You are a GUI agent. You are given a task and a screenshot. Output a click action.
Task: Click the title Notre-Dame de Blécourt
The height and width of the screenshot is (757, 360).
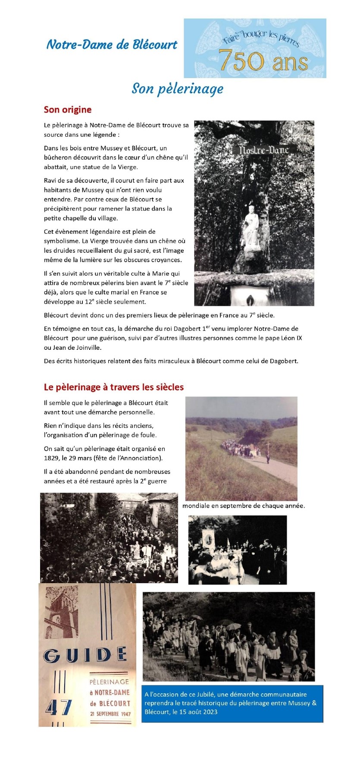click(x=112, y=45)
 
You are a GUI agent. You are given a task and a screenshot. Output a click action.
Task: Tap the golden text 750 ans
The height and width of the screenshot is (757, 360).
click(x=263, y=61)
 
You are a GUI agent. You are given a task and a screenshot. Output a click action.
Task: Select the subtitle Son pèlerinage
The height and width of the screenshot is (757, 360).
click(x=177, y=88)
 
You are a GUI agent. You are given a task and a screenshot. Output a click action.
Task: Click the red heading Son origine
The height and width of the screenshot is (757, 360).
click(x=68, y=110)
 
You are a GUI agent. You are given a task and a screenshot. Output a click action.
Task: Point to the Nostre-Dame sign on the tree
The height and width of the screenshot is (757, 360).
click(x=264, y=150)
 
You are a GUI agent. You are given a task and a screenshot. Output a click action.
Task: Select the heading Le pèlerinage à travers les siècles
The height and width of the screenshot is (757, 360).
click(x=114, y=387)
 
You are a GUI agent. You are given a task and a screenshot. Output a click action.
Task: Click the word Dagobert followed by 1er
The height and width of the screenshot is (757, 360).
click(x=186, y=329)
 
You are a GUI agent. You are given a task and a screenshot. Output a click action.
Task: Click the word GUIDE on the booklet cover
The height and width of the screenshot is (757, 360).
click(x=85, y=655)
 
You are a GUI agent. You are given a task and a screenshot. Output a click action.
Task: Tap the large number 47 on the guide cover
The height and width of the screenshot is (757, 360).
click(x=59, y=708)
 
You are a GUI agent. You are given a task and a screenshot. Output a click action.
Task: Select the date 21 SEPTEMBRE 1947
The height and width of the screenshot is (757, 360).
click(x=110, y=714)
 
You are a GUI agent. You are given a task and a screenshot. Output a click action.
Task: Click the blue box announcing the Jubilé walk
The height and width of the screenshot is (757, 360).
click(x=232, y=704)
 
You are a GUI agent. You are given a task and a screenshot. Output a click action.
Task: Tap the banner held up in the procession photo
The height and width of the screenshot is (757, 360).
click(x=209, y=539)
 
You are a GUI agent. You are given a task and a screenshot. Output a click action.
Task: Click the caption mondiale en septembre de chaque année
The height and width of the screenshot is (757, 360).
click(x=244, y=506)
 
